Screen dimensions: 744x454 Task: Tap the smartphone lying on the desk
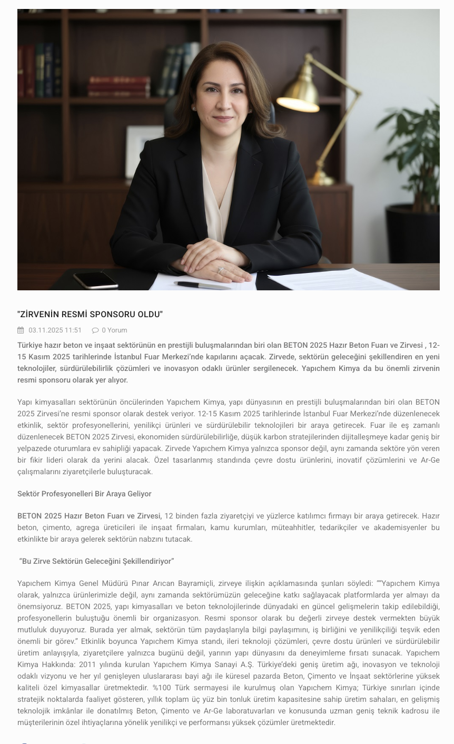coord(95,279)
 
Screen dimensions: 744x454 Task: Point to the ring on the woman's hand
coord(221,269)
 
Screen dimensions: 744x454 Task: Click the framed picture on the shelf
coord(144,152)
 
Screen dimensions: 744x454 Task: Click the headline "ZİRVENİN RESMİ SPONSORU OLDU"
coord(90,315)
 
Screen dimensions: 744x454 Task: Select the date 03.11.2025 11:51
coord(55,330)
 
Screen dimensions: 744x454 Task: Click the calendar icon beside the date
coord(21,330)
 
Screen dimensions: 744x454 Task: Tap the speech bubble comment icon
coord(95,330)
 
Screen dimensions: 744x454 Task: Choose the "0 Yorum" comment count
coord(114,330)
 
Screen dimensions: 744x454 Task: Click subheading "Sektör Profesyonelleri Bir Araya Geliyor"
coord(84,494)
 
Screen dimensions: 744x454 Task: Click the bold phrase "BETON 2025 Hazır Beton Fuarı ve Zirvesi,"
coord(90,516)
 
